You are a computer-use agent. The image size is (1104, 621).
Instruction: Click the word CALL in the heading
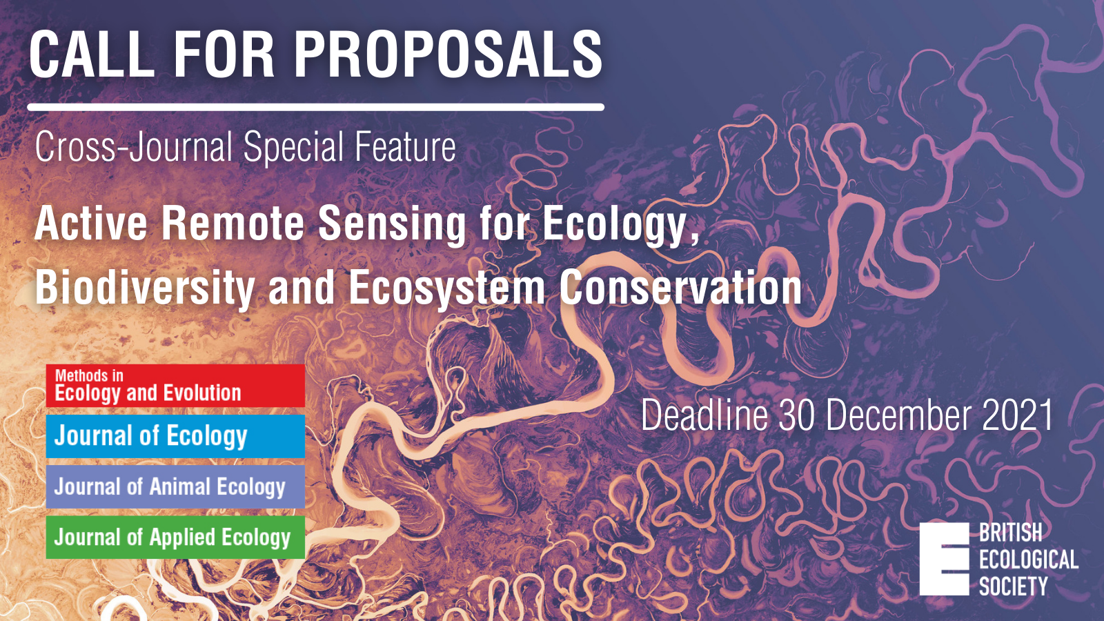tap(92, 54)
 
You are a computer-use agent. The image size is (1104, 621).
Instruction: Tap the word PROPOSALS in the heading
tap(448, 54)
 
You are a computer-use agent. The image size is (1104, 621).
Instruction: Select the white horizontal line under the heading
tap(316, 107)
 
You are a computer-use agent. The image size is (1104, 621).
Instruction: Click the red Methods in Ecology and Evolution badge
tap(175, 386)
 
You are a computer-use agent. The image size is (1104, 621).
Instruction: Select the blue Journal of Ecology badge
tap(175, 436)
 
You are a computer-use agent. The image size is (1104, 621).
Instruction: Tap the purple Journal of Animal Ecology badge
tap(175, 487)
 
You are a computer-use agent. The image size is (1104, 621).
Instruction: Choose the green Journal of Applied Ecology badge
tap(175, 538)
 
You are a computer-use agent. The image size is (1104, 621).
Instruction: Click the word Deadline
tap(704, 415)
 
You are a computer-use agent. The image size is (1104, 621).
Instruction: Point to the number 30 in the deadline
tap(798, 415)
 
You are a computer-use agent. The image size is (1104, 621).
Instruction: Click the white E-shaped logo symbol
tap(945, 559)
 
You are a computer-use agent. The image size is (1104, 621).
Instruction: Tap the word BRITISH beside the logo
tap(1010, 533)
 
